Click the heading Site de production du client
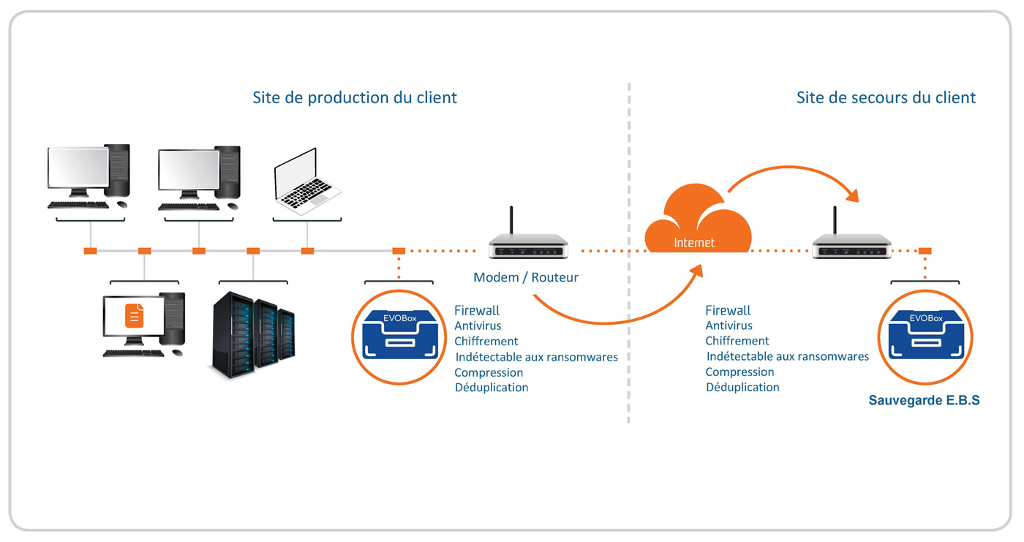click(x=355, y=97)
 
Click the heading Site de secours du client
click(x=886, y=97)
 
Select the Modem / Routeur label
click(x=526, y=278)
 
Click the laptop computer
click(x=306, y=184)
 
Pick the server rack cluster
click(x=253, y=335)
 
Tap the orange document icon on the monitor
click(x=134, y=315)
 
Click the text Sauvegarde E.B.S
click(x=924, y=401)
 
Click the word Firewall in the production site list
click(x=477, y=311)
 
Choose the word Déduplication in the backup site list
click(x=742, y=388)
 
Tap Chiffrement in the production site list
click(x=486, y=342)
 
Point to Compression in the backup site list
click(x=739, y=372)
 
